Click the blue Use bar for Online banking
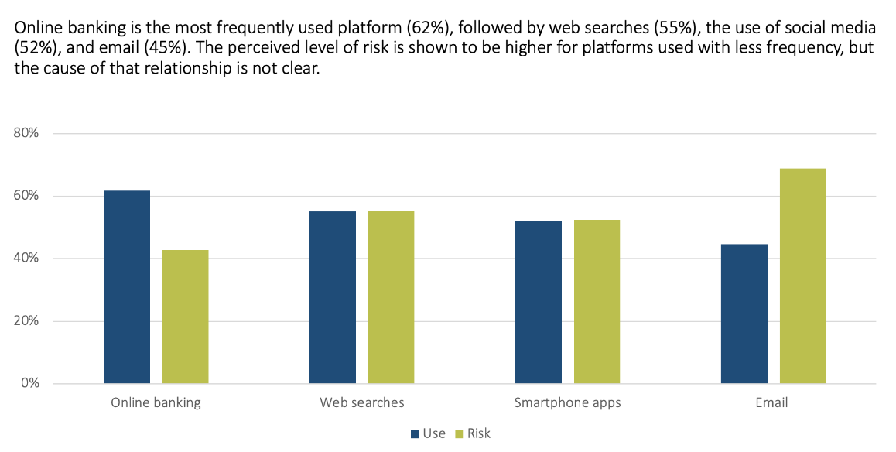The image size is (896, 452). (x=127, y=287)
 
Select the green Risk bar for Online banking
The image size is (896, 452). (x=186, y=317)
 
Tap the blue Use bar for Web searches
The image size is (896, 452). (x=333, y=297)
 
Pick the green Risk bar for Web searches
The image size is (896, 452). (x=392, y=297)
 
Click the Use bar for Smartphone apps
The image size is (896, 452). (x=539, y=302)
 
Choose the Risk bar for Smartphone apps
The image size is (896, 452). (x=597, y=302)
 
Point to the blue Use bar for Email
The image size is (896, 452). (x=744, y=313)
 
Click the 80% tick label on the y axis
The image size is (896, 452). (x=26, y=133)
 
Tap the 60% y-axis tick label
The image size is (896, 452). (x=26, y=196)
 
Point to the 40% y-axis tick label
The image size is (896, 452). (x=26, y=259)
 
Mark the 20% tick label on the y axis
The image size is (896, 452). (x=26, y=321)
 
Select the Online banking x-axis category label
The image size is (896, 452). (x=156, y=403)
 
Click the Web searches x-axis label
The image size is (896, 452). (x=362, y=403)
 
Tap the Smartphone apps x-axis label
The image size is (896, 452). (x=567, y=403)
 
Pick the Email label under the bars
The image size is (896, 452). (x=773, y=403)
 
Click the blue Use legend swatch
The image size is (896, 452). (x=415, y=434)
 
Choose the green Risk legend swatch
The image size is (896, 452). (x=460, y=434)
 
